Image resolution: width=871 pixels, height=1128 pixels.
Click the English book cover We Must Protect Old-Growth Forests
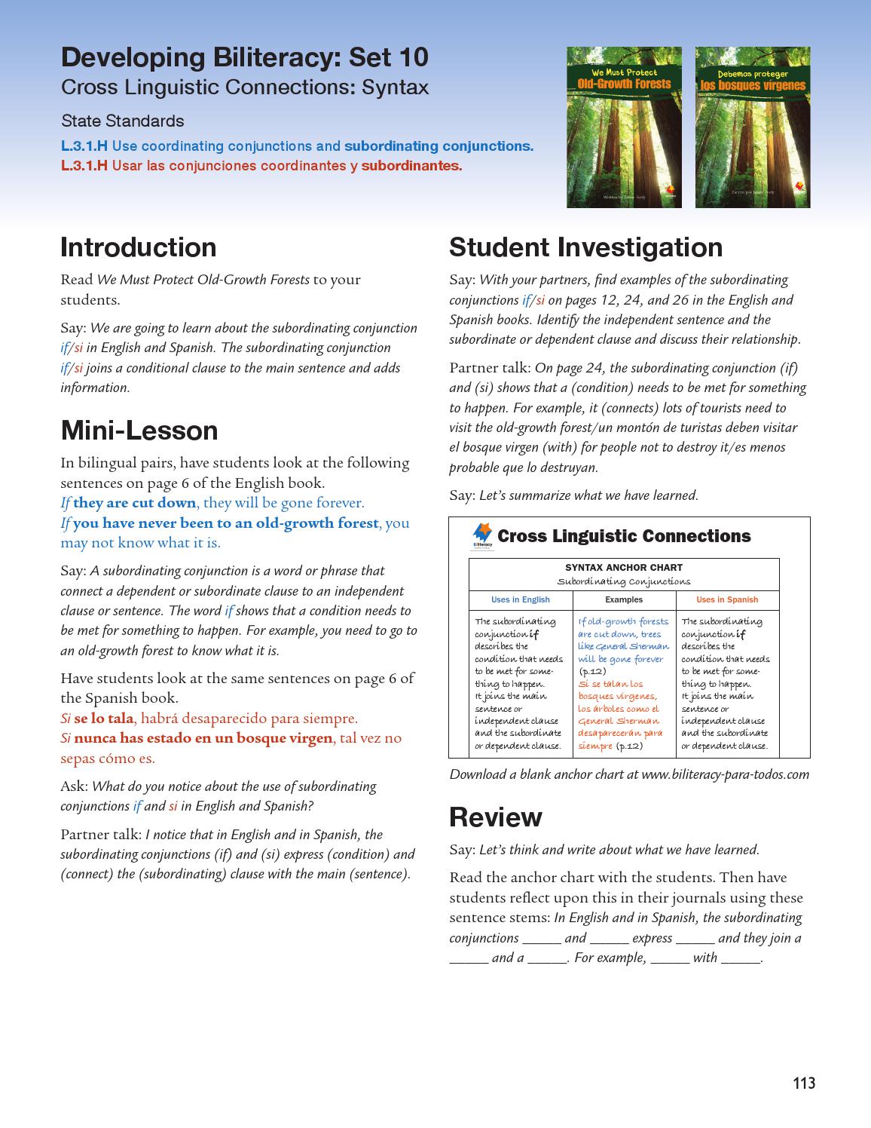click(624, 127)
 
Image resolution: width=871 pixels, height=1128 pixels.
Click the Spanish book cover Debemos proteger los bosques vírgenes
click(752, 127)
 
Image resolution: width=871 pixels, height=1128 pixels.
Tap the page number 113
click(804, 1084)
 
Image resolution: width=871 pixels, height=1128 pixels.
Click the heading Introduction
click(138, 247)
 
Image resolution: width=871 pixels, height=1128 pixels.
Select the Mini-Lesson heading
click(139, 431)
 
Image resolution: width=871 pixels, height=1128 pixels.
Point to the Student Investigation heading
click(585, 247)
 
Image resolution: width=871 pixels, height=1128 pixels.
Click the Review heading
click(495, 817)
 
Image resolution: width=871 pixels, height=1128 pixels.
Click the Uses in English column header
click(520, 600)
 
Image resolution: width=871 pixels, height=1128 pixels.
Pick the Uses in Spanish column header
click(726, 600)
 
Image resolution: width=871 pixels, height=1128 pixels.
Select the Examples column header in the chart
click(624, 600)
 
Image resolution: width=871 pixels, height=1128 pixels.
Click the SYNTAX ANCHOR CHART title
click(624, 568)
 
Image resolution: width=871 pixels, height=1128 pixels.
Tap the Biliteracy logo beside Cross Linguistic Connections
click(482, 535)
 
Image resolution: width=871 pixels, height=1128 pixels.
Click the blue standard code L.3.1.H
click(84, 146)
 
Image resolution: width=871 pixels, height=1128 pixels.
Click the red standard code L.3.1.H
click(84, 166)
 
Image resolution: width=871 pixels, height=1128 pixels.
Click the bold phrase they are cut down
click(134, 503)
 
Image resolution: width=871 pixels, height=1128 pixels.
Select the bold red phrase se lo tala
click(103, 719)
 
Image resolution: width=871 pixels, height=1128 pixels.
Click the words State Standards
click(122, 121)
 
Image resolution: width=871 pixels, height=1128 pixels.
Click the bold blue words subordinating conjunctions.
click(438, 146)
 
